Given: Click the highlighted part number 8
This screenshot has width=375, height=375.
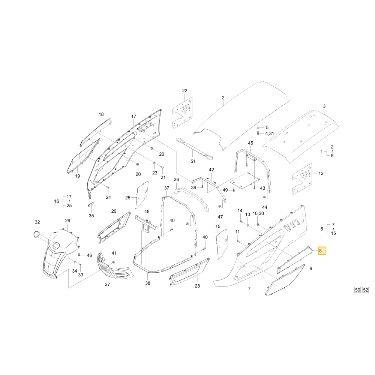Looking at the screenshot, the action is point(322,251).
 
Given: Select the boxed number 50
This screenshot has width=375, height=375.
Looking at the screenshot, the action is point(357,290).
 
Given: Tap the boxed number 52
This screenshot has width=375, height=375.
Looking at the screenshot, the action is point(366,290).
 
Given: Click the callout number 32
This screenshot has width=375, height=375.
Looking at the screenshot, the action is point(37,222).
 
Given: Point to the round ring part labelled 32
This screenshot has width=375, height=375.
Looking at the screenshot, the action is point(37,234).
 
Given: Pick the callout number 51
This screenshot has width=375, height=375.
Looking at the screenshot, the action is point(193,161).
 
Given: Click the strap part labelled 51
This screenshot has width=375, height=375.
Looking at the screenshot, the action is point(194,149).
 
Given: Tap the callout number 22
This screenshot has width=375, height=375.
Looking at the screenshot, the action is point(184,91).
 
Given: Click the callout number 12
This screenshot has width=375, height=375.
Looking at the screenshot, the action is point(321,173).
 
